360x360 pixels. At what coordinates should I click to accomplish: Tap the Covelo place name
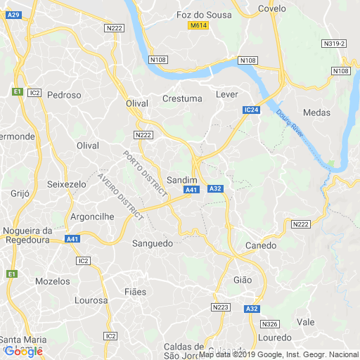272,8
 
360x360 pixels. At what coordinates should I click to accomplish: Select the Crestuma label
182,98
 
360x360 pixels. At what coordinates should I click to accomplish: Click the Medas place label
316,112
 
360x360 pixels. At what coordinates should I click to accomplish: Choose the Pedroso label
65,94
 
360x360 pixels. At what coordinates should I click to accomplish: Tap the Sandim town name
181,179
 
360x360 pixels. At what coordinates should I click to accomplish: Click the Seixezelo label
66,184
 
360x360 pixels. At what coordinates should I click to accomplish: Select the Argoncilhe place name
93,217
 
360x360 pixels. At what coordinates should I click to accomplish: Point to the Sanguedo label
153,243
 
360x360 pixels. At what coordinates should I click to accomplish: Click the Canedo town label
260,245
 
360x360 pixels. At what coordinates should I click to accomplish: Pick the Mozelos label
53,281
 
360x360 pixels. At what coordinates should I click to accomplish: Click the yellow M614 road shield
198,26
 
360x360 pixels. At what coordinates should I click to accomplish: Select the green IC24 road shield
252,110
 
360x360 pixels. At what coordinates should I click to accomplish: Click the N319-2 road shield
335,44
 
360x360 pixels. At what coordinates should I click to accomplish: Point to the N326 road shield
269,324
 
